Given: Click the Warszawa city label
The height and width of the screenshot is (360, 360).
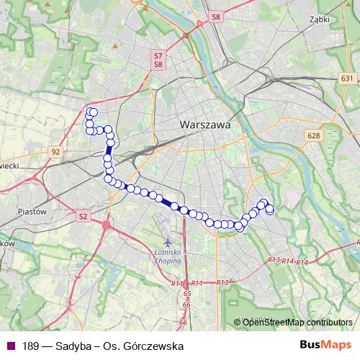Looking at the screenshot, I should [205, 125].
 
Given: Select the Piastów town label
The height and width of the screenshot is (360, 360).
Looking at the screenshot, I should [31, 212].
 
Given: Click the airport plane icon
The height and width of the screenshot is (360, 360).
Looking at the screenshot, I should [168, 243].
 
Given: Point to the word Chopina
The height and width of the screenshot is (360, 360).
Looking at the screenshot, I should [168, 261].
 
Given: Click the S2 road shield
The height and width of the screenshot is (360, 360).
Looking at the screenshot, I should [83, 215].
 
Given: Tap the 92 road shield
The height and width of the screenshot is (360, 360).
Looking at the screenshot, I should [55, 152].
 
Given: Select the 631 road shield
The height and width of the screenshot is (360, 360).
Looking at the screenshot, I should [348, 78].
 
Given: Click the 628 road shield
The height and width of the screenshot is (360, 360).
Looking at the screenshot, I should [312, 135].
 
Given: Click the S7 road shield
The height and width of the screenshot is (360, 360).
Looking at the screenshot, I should [158, 55].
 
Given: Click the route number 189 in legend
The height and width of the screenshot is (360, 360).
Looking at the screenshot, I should [30, 346].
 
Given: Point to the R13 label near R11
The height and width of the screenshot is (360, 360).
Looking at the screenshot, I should [222, 282].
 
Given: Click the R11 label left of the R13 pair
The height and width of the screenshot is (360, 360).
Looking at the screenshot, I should [198, 283].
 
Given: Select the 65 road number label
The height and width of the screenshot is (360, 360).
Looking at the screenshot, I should [187, 294].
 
